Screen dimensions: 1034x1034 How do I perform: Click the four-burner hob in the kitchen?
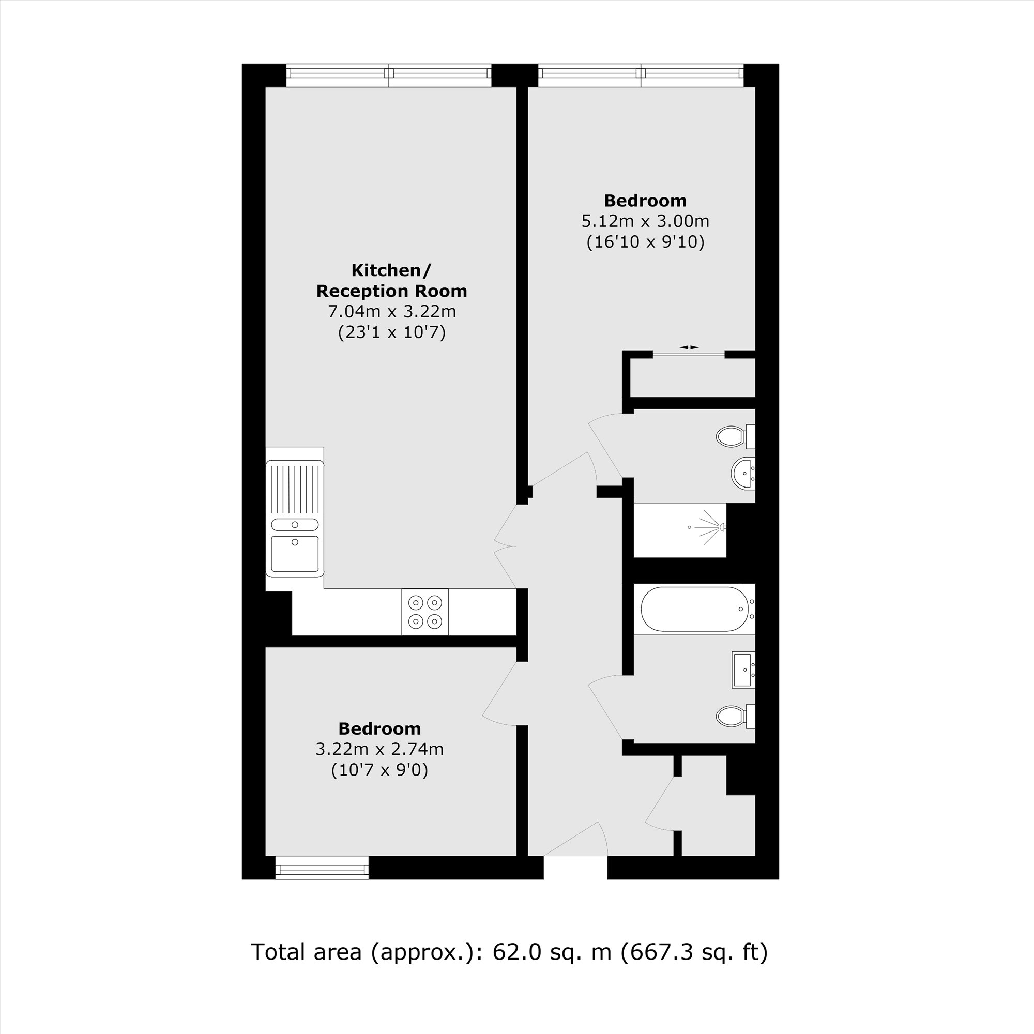click(425, 612)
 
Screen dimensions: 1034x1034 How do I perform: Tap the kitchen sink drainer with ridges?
click(295, 489)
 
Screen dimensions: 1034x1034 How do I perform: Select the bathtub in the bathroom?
click(694, 609)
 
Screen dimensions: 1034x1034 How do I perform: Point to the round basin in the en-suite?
click(742, 473)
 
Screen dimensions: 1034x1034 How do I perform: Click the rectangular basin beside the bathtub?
click(743, 670)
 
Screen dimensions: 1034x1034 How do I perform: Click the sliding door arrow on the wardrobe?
click(689, 347)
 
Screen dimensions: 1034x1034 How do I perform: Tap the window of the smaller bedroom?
click(322, 868)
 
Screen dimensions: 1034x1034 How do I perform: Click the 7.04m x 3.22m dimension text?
click(392, 311)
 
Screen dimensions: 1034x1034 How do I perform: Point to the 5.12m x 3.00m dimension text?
click(645, 221)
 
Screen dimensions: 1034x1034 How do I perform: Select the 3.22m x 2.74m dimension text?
click(379, 749)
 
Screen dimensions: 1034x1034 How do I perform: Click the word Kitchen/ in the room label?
click(391, 270)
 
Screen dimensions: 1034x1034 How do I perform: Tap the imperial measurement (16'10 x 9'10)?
click(645, 242)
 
